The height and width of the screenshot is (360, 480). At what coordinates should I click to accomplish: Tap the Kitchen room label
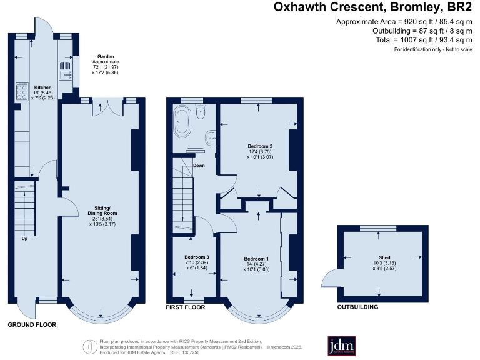pyautogui.click(x=42, y=87)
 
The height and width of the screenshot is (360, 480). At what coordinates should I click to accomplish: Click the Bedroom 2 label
pyautogui.click(x=260, y=146)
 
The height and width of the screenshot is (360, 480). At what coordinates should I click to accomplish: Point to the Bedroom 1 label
pyautogui.click(x=256, y=259)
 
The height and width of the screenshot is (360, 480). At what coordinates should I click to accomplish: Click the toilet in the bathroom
pyautogui.click(x=201, y=112)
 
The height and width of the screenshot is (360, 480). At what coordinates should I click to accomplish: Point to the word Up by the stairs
pyautogui.click(x=24, y=239)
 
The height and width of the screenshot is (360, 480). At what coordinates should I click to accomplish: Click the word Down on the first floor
pyautogui.click(x=199, y=166)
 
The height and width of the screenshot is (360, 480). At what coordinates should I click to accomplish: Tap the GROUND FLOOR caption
pyautogui.click(x=32, y=325)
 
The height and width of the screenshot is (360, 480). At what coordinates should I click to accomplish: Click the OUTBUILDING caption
pyautogui.click(x=357, y=307)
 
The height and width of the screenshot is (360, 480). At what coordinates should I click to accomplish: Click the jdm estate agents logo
pyautogui.click(x=341, y=346)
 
